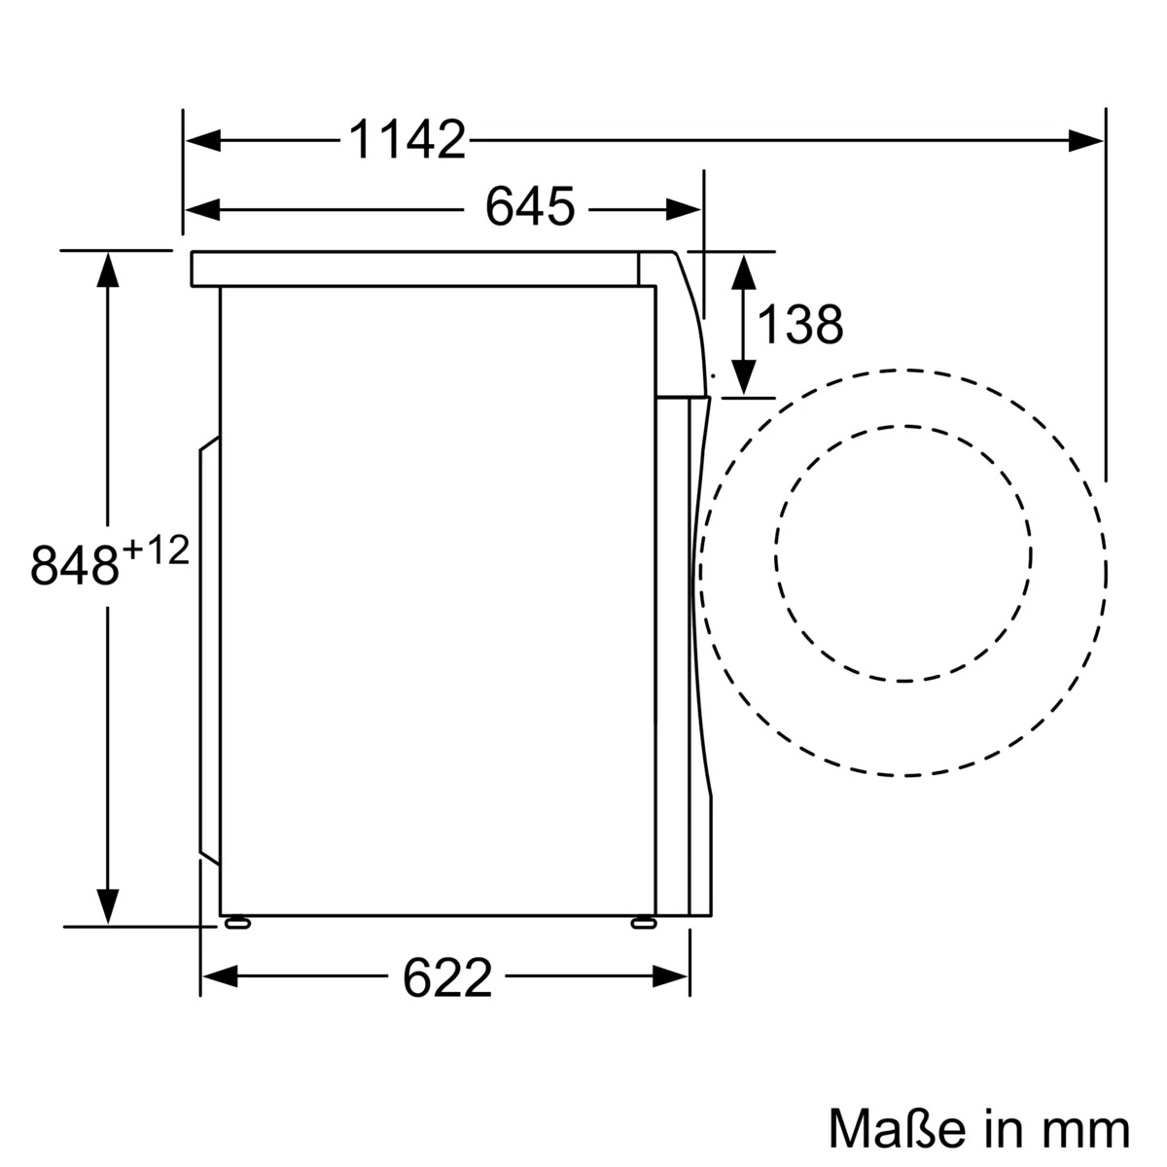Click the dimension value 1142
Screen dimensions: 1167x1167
(407, 141)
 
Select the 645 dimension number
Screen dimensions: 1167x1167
(530, 207)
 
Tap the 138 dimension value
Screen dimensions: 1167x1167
(799, 325)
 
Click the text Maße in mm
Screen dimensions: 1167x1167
(978, 1128)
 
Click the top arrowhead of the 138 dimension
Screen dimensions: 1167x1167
(743, 268)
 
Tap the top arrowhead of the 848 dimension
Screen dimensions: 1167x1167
(107, 268)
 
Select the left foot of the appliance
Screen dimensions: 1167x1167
(236, 923)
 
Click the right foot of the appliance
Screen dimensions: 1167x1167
(643, 923)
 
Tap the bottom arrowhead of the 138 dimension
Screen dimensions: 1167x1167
(743, 378)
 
